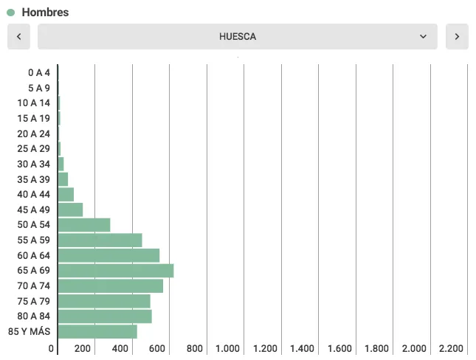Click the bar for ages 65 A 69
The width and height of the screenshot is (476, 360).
coord(115,271)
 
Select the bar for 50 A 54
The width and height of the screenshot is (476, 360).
coord(83,225)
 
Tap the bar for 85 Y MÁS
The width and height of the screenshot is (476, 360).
coord(97,332)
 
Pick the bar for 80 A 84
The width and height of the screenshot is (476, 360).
coord(104,316)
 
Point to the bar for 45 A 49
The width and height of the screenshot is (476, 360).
coord(70,210)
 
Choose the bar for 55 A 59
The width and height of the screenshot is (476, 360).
coord(100,240)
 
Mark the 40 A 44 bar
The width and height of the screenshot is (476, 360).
coord(66,194)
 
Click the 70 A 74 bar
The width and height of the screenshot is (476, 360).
coord(110,286)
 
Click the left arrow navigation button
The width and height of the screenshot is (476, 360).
coord(18,36)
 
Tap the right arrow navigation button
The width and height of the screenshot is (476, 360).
coord(457,36)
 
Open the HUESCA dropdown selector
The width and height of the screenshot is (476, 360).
coord(237,36)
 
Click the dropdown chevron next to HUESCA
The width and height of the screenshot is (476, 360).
coord(423,36)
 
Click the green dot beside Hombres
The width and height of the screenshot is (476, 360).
coord(11,13)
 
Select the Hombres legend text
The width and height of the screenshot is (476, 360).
coord(45,13)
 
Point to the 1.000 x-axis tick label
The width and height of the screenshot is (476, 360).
coord(227,349)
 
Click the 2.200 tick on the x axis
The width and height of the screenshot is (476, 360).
coord(451,349)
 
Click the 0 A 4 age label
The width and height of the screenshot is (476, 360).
coord(39,72)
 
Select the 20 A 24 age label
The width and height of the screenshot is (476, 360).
coord(34,134)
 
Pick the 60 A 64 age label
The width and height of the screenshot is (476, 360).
coord(34,255)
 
